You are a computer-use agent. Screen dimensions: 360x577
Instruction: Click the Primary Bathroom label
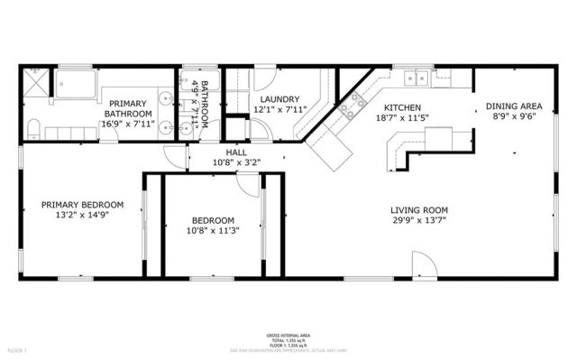click(x=127, y=107)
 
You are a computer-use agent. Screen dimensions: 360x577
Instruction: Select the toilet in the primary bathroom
click(x=32, y=126)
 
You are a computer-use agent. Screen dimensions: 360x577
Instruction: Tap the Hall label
click(x=236, y=152)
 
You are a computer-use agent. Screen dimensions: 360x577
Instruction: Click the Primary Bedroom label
click(x=82, y=205)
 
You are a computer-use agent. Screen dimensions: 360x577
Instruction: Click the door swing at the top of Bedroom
click(x=245, y=182)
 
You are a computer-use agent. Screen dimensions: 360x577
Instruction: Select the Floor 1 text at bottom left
click(x=18, y=349)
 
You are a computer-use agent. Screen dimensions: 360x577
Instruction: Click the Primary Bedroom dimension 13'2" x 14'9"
click(x=82, y=216)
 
